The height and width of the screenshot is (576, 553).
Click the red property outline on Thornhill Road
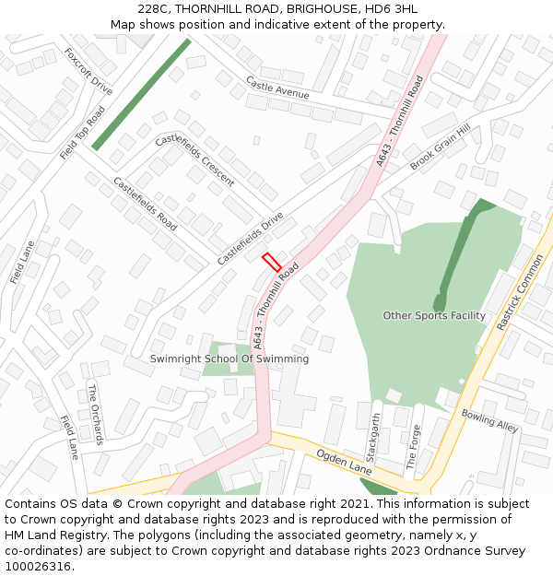pyautogui.click(x=272, y=262)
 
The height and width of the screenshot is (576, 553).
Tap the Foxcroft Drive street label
pyautogui.click(x=89, y=72)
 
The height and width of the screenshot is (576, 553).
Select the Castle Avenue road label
pyautogui.click(x=277, y=88)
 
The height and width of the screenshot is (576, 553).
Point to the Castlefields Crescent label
pyautogui.click(x=194, y=159)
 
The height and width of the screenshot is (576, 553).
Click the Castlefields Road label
pyautogui.click(x=145, y=203)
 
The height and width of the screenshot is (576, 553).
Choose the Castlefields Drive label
pyautogui.click(x=250, y=239)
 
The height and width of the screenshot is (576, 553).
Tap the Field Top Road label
pyautogui.click(x=82, y=133)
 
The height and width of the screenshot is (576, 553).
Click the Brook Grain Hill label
pyautogui.click(x=440, y=147)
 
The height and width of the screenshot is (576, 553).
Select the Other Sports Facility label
pyautogui.click(x=434, y=316)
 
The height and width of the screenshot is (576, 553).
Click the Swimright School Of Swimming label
pyautogui.click(x=229, y=359)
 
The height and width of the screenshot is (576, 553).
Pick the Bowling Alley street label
pyautogui.click(x=489, y=421)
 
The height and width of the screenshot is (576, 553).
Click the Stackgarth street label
pyautogui.click(x=372, y=438)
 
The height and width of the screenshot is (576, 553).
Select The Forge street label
pyautogui.click(x=416, y=447)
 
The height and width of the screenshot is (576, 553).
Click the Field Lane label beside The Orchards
pyautogui.click(x=69, y=438)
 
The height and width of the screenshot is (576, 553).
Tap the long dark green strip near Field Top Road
pyautogui.click(x=141, y=93)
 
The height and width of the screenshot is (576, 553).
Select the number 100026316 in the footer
pyautogui.click(x=40, y=566)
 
